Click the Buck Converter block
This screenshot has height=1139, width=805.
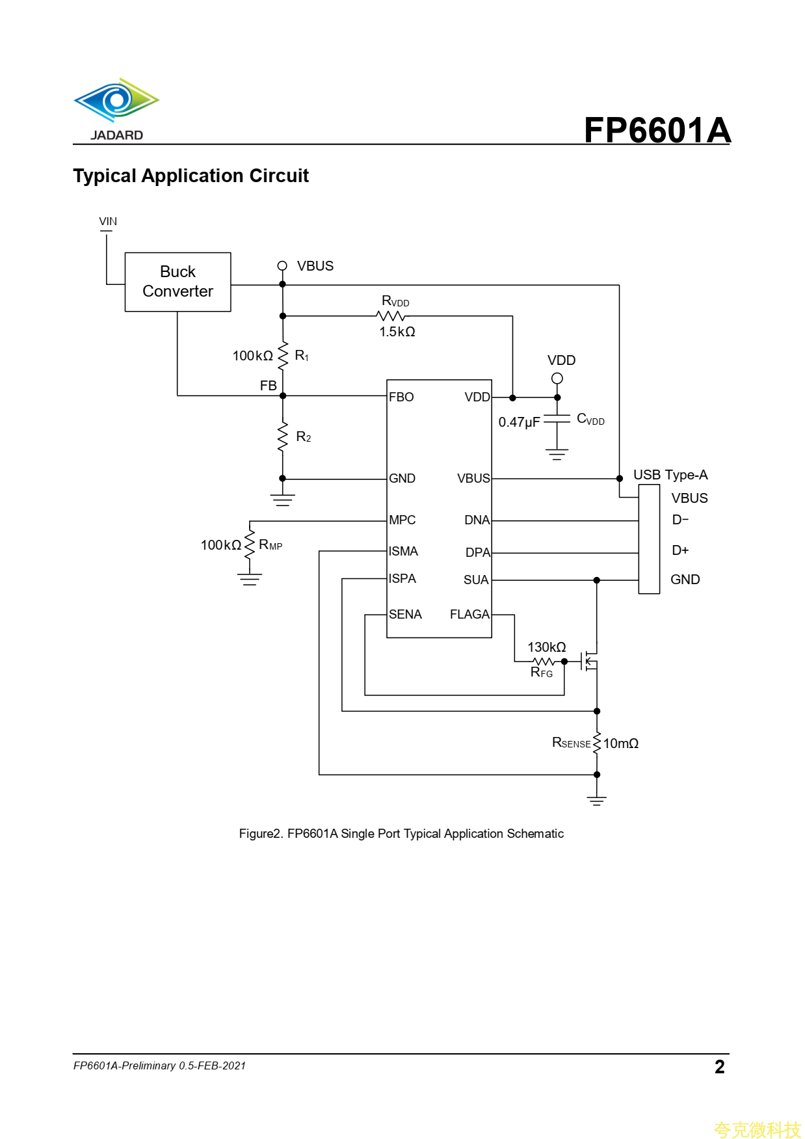(178, 282)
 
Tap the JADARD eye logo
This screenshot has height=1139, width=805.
(116, 101)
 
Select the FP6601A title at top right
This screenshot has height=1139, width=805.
(657, 130)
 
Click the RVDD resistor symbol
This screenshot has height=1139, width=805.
(391, 316)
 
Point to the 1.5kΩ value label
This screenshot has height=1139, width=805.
(397, 332)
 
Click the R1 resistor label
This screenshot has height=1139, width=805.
(302, 356)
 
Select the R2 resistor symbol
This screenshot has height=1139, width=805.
(283, 436)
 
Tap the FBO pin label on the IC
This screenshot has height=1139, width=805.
(401, 397)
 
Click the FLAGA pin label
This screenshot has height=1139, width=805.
(469, 614)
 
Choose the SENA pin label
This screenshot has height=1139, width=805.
(405, 614)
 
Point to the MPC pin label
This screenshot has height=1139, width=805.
(402, 520)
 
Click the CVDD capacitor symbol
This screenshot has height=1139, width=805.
(557, 420)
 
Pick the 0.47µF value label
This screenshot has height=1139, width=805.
(519, 422)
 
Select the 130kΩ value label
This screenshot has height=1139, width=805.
(546, 647)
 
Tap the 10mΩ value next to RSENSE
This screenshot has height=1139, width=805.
(620, 744)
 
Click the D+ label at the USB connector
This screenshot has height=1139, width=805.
(680, 550)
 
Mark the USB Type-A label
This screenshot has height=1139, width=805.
(670, 475)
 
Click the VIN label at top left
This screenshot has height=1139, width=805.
(108, 222)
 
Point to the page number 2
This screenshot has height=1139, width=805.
(719, 1067)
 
